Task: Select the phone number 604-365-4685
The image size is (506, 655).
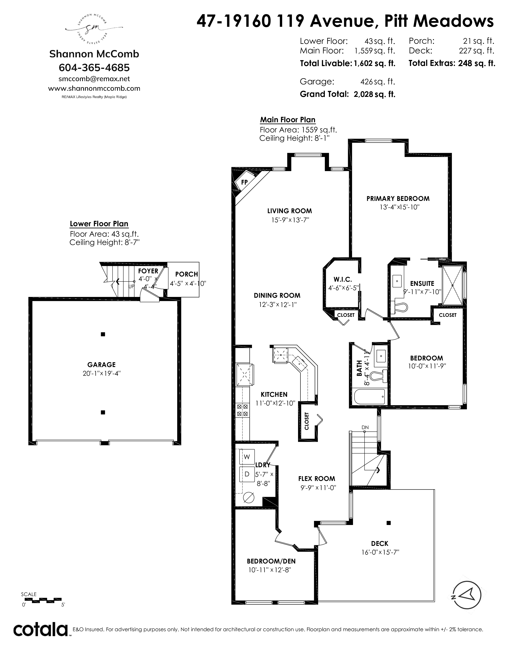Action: pos(94,67)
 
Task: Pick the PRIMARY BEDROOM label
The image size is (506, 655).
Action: pos(398,198)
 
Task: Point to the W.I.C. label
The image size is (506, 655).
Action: pos(343,279)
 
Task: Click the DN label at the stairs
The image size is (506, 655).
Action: pos(365,427)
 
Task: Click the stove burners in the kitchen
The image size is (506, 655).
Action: pos(242,410)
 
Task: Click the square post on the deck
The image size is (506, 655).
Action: pos(389,523)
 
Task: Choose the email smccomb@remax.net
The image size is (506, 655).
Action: pos(94,79)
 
